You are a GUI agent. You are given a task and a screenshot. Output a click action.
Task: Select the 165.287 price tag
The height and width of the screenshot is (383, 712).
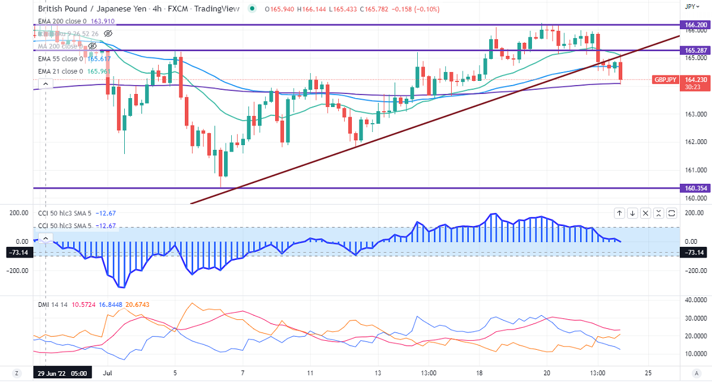pos(694,51)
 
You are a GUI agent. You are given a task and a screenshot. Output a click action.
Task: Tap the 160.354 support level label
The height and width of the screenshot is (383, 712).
pos(694,188)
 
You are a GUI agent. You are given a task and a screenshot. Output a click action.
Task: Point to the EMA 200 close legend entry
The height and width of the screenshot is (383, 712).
pos(66,21)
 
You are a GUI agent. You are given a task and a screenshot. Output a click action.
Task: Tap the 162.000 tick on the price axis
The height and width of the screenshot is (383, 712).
pos(693,142)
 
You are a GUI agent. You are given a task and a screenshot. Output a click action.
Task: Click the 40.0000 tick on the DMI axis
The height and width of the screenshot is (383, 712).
pos(693,300)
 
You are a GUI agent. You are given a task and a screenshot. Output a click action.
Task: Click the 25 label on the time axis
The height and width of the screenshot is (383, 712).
pos(647,373)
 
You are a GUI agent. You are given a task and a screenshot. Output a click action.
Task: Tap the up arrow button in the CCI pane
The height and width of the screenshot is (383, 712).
pos(619,212)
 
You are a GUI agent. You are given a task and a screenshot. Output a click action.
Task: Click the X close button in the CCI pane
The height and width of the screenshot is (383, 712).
pos(659,212)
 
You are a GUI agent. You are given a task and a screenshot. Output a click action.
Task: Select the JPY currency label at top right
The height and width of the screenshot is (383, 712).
pos(690,7)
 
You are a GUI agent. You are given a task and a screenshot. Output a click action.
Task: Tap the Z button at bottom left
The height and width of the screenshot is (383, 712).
pos(17,373)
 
